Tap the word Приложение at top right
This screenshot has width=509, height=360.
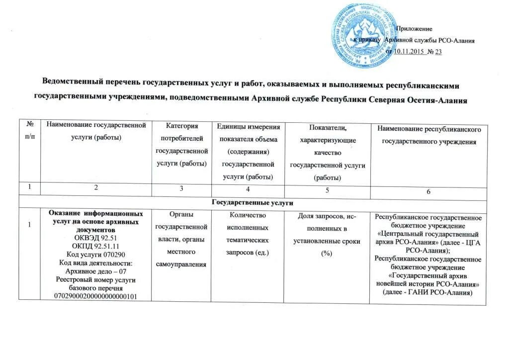pyautogui.click(x=416, y=29)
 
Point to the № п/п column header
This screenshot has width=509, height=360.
pyautogui.click(x=30, y=131)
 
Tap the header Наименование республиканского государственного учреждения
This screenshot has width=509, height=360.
pyautogui.click(x=429, y=135)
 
